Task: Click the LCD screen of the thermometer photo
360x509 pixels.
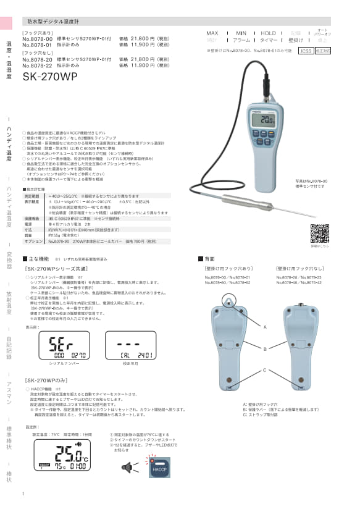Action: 267,119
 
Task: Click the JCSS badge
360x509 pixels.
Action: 306,51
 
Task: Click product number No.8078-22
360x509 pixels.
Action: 36,65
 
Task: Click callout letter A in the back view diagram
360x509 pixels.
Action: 265,326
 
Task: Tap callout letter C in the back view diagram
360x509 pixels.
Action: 265,370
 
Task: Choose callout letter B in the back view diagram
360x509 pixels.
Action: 265,349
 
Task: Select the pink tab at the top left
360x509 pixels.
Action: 6,23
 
